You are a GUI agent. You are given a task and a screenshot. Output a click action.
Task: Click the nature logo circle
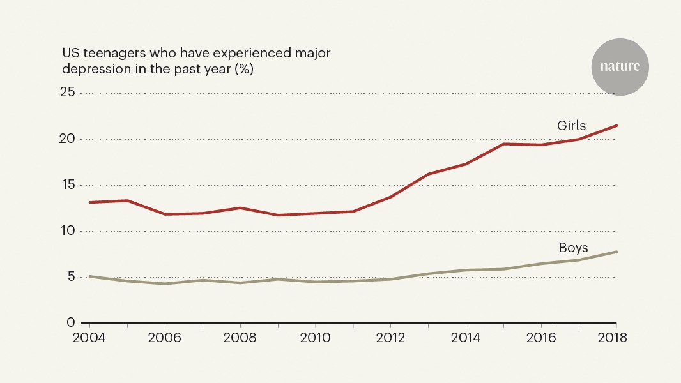pyautogui.click(x=620, y=66)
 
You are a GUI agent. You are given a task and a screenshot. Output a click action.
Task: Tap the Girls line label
pyautogui.click(x=571, y=126)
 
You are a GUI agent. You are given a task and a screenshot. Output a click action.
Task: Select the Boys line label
pyautogui.click(x=573, y=248)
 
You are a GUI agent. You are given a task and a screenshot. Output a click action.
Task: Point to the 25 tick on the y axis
pyautogui.click(x=68, y=93)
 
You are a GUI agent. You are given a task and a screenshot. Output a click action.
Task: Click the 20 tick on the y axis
pyautogui.click(x=68, y=139)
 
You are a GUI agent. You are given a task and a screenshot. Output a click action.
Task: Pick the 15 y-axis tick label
pyautogui.click(x=68, y=185)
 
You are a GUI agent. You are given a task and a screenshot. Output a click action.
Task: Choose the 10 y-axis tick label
pyautogui.click(x=68, y=231)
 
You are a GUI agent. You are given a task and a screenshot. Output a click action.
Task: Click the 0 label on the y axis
pyautogui.click(x=72, y=323)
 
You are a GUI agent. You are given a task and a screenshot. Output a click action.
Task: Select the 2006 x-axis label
pyautogui.click(x=165, y=338)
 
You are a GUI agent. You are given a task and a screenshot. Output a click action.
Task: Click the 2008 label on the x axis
pyautogui.click(x=240, y=338)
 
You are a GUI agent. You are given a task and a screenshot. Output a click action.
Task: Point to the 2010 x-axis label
pyautogui.click(x=315, y=338)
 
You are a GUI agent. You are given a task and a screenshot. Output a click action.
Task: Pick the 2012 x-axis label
pyautogui.click(x=390, y=338)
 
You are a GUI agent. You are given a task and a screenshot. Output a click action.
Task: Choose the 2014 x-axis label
pyautogui.click(x=466, y=338)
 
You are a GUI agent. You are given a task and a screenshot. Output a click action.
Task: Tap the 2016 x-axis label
pyautogui.click(x=541, y=338)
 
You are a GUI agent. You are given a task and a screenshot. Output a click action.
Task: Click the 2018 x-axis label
pyautogui.click(x=616, y=338)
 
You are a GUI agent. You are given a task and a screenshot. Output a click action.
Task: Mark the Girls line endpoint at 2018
pyautogui.click(x=616, y=126)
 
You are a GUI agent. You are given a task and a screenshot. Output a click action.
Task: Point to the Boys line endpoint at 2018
pyautogui.click(x=616, y=252)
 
